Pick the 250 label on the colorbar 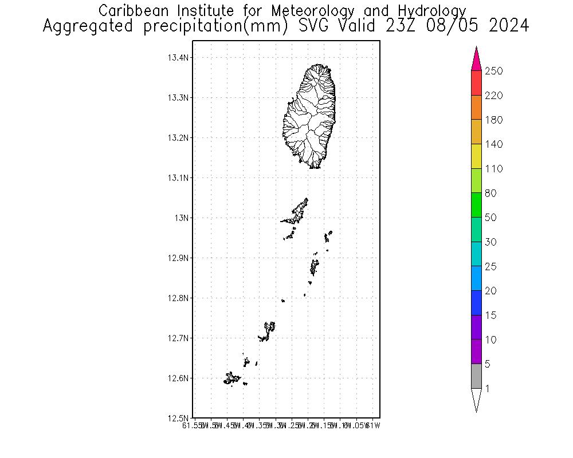493,71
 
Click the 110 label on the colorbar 493,169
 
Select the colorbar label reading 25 491,267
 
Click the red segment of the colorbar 476,83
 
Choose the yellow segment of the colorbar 476,156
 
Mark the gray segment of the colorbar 476,376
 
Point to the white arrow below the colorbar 476,399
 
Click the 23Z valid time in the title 395,26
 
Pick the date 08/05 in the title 450,26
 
